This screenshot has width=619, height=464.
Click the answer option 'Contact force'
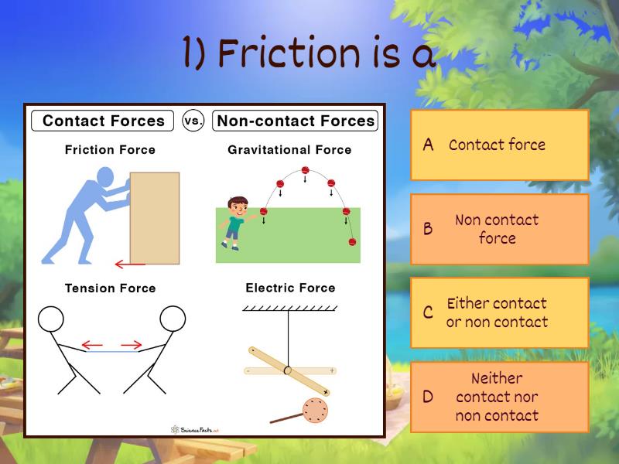tap(499, 145)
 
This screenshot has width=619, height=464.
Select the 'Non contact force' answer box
tap(499, 229)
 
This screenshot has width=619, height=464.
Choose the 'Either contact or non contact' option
tap(499, 312)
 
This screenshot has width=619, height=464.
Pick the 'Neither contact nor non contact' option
tap(499, 397)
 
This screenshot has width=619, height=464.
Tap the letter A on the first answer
tap(428, 145)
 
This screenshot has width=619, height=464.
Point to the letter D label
tap(428, 397)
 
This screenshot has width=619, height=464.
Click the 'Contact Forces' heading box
tap(103, 121)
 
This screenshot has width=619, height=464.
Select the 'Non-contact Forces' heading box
tap(296, 121)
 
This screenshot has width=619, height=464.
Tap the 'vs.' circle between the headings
tap(193, 121)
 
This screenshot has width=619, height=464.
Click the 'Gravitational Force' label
tap(289, 150)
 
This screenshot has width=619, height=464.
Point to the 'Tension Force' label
tap(110, 288)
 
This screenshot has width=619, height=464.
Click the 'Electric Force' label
tap(290, 288)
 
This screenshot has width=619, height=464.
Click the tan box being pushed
tap(154, 217)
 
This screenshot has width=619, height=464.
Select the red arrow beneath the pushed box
tap(130, 264)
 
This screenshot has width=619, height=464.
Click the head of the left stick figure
tap(51, 318)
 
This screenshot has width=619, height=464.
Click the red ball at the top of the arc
tap(305, 170)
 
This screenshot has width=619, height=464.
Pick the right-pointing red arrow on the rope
tap(132, 345)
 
